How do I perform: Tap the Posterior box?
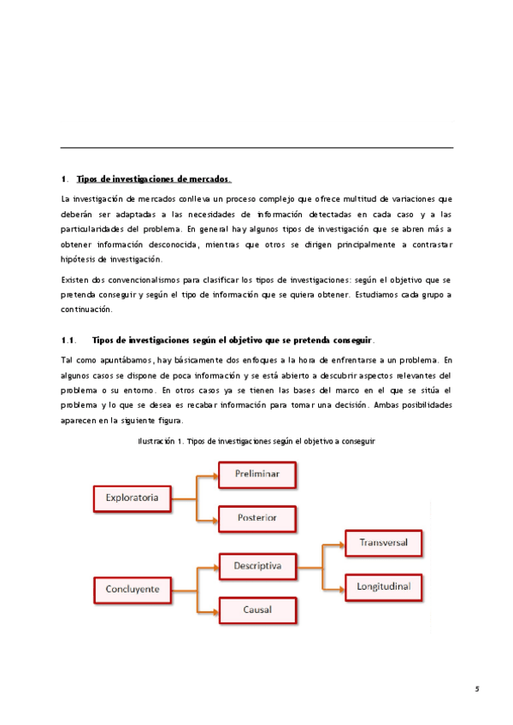(x=257, y=518)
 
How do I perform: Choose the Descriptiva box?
(x=257, y=565)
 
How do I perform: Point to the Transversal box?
(x=383, y=543)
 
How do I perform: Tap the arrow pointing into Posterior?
(x=208, y=518)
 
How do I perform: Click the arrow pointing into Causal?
(x=208, y=610)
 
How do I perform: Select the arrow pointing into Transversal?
(x=333, y=543)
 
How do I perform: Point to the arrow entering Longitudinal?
(x=333, y=587)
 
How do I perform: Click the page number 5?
(x=478, y=688)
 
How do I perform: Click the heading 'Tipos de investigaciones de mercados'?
(x=153, y=179)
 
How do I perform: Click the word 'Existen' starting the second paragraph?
(x=75, y=280)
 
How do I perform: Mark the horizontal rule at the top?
(x=256, y=148)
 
